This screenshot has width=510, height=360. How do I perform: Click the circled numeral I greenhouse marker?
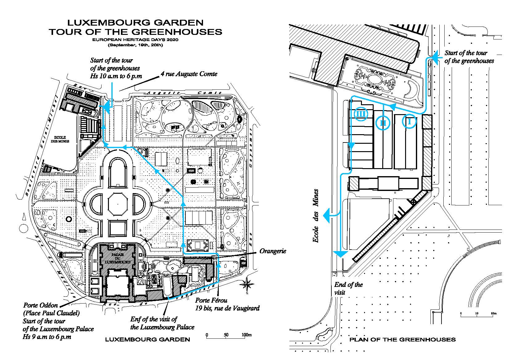[x=409, y=122]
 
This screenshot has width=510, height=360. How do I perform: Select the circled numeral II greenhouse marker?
[x=383, y=123]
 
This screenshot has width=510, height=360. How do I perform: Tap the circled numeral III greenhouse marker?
[x=361, y=114]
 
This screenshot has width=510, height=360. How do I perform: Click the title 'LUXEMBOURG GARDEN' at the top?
[x=135, y=23]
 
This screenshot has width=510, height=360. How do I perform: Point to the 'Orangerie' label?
[x=273, y=251]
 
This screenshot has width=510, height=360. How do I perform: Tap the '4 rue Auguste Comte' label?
[x=189, y=74]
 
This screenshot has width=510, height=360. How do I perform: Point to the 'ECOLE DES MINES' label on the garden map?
[x=62, y=139]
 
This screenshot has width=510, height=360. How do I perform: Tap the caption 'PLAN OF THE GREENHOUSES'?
[x=402, y=340]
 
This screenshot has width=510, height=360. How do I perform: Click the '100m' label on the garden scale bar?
[x=247, y=335]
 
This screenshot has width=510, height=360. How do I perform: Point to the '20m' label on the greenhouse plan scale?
[x=494, y=314]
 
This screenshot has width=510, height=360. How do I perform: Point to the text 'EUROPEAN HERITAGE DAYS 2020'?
[x=135, y=40]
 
